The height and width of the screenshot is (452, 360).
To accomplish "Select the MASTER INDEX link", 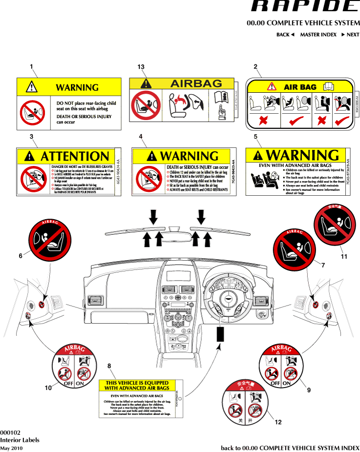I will pyautogui.click(x=318, y=35).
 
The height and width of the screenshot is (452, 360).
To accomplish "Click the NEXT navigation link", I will pyautogui.click(x=350, y=35).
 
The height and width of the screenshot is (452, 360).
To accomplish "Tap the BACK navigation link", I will pyautogui.click(x=285, y=35).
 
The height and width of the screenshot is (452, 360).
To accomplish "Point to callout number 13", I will pyautogui.click(x=141, y=66).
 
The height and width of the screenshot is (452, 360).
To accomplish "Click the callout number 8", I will pyautogui.click(x=109, y=366).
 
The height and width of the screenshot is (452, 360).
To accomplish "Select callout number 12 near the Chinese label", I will pyautogui.click(x=278, y=422).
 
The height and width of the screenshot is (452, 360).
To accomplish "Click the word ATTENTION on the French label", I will pyautogui.click(x=75, y=157).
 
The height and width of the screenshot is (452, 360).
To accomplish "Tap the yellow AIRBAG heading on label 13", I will pyautogui.click(x=196, y=83).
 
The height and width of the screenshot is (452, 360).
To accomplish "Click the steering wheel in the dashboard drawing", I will pyautogui.click(x=226, y=299).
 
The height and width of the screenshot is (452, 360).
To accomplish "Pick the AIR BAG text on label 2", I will pyautogui.click(x=300, y=87).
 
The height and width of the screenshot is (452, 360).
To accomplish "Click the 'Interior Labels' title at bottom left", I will pyautogui.click(x=20, y=440).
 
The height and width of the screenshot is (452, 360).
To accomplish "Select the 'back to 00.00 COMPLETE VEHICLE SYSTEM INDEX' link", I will pyautogui.click(x=290, y=448).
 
